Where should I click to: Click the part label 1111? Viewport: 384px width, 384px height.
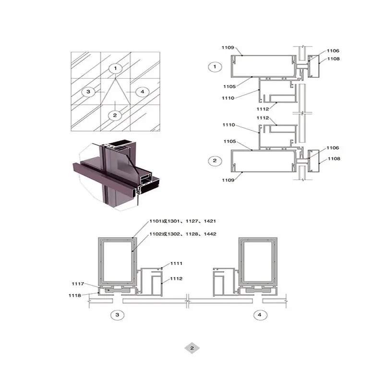coord(176,264)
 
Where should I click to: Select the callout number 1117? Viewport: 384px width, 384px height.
coord(78,284)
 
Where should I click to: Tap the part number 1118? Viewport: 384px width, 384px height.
coord(75,296)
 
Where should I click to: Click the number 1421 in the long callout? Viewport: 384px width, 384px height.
coord(210,221)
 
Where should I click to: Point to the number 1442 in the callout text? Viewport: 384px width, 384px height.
coord(210,234)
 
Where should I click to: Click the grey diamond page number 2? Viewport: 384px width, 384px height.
coord(192,348)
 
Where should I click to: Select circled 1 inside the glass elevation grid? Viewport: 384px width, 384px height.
coord(116,68)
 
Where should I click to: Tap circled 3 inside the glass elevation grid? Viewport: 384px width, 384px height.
coord(88,92)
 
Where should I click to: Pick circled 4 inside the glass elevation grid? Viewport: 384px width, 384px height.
coord(143,92)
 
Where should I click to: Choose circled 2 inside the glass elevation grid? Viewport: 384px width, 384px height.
coord(115,115)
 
